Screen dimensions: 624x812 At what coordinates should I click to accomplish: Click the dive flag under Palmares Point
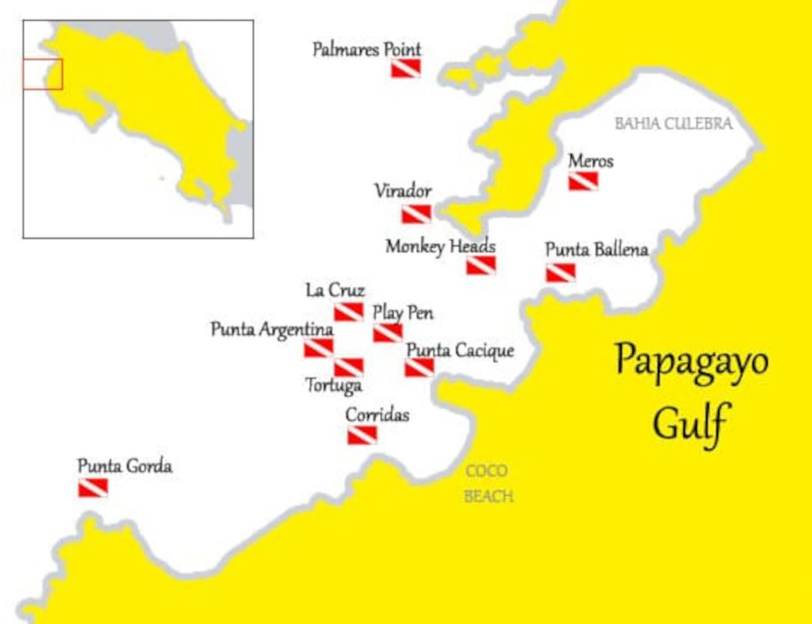click(406, 68)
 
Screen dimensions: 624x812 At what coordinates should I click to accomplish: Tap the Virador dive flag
click(416, 214)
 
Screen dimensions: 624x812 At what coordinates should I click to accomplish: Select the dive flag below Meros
click(583, 182)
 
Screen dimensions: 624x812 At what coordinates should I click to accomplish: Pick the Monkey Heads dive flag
click(481, 266)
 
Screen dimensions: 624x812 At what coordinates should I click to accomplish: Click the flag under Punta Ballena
click(561, 273)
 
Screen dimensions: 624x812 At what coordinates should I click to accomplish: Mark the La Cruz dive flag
click(348, 312)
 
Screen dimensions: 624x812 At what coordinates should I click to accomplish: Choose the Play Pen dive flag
click(388, 333)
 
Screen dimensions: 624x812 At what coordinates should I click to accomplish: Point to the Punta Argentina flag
click(319, 348)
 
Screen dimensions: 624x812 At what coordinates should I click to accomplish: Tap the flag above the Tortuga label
click(348, 367)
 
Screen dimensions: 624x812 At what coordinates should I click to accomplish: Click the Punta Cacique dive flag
click(419, 367)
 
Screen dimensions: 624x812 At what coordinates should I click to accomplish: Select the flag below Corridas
click(362, 435)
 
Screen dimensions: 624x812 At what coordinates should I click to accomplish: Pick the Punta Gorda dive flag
click(93, 488)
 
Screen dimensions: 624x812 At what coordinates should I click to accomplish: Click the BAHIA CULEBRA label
click(673, 124)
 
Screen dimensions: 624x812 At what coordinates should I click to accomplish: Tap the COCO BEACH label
click(488, 484)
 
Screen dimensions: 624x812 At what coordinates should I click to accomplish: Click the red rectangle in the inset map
click(42, 74)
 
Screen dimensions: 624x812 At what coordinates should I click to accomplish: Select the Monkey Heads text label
click(440, 247)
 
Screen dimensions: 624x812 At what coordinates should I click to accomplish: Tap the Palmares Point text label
click(366, 50)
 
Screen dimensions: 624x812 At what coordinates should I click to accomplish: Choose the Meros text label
click(591, 161)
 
